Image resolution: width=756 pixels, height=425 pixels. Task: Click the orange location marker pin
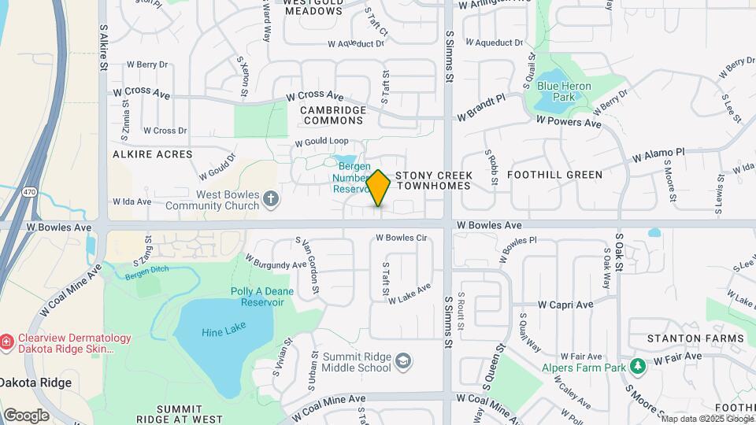click(x=379, y=188)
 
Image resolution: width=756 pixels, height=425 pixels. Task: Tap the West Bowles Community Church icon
click(x=271, y=198)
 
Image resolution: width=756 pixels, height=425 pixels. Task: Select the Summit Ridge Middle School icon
click(x=403, y=360)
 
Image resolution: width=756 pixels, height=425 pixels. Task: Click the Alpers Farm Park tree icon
click(x=638, y=362)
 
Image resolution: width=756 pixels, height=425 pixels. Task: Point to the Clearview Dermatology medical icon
click(x=6, y=342)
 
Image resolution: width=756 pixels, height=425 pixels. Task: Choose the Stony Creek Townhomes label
click(x=433, y=180)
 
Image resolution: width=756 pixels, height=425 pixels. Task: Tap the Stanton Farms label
click(x=695, y=338)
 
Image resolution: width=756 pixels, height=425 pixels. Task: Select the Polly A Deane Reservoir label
click(x=257, y=297)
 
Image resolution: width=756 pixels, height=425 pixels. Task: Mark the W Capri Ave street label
click(x=565, y=305)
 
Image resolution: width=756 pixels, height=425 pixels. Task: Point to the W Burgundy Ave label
click(x=276, y=262)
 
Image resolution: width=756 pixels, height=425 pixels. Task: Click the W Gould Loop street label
click(x=321, y=142)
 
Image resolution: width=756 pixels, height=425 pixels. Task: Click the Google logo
click(x=26, y=416)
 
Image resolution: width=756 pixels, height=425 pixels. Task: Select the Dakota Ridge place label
click(x=35, y=383)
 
